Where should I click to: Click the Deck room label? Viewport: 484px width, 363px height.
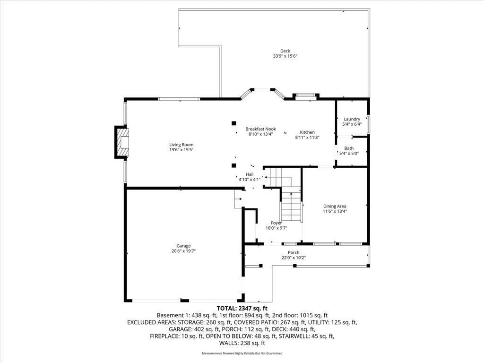285,51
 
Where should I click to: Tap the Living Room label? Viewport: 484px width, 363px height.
181,145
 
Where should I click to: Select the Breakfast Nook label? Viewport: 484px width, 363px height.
260,129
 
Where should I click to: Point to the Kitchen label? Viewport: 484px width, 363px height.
307,132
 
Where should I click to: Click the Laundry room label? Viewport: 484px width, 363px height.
352,119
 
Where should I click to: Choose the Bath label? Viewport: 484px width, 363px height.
349,148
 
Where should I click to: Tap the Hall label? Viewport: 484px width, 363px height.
250,174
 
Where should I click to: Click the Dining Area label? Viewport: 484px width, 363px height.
335,206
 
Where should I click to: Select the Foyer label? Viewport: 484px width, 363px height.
276,223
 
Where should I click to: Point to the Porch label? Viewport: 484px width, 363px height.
294,252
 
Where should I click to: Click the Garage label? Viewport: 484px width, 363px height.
183,246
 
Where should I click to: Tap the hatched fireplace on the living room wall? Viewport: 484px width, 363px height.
122,142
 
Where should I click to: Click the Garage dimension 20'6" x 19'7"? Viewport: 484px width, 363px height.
184,251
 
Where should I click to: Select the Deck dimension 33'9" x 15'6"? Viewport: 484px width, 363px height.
285,56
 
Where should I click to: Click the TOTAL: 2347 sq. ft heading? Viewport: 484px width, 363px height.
242,308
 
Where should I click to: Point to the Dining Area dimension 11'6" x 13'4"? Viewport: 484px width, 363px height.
335,211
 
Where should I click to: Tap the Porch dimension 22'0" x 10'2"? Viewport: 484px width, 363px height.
294,258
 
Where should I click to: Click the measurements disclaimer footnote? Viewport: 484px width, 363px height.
242,353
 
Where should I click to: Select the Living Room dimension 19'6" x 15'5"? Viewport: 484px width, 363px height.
181,150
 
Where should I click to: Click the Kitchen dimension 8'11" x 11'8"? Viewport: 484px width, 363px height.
307,138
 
